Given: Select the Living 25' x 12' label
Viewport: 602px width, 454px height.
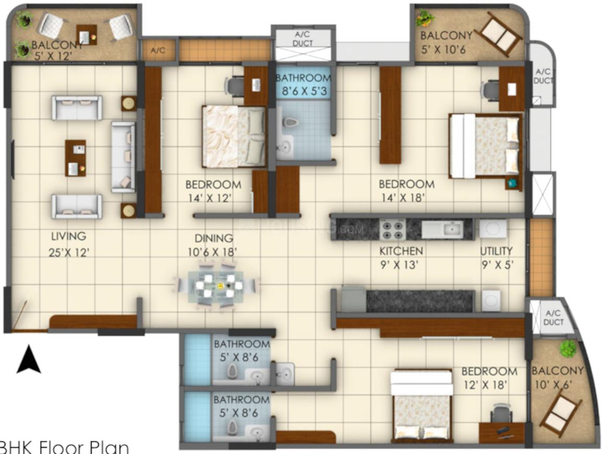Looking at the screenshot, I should [x=66, y=245].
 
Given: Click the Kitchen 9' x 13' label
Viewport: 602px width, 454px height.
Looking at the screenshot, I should [x=401, y=257].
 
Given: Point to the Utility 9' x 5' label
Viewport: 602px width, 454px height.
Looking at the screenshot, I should [x=497, y=257].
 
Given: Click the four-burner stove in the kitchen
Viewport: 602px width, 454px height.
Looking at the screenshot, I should [x=392, y=228].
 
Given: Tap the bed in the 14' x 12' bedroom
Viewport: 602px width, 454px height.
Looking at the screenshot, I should [x=233, y=136].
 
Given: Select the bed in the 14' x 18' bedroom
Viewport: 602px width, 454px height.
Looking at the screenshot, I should [x=485, y=146].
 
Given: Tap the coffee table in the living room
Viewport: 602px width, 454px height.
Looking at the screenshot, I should [x=75, y=158].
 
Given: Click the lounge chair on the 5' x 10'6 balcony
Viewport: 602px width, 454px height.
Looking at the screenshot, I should [x=500, y=34].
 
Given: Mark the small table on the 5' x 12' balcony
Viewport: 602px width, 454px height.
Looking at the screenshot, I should [x=86, y=34].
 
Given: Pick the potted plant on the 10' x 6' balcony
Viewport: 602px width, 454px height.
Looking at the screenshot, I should [x=566, y=348].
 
